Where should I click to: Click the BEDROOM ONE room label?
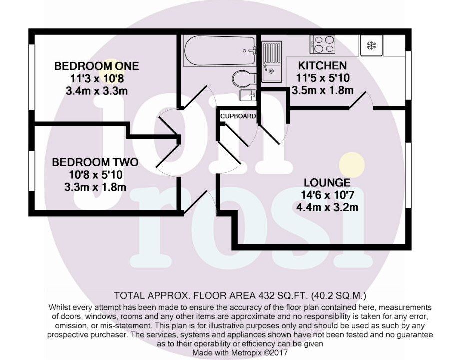97,66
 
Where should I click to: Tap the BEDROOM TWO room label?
95,163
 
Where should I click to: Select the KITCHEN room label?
322,66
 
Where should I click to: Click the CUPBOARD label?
238,116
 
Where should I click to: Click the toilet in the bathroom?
243,78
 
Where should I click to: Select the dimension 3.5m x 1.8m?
322,90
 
